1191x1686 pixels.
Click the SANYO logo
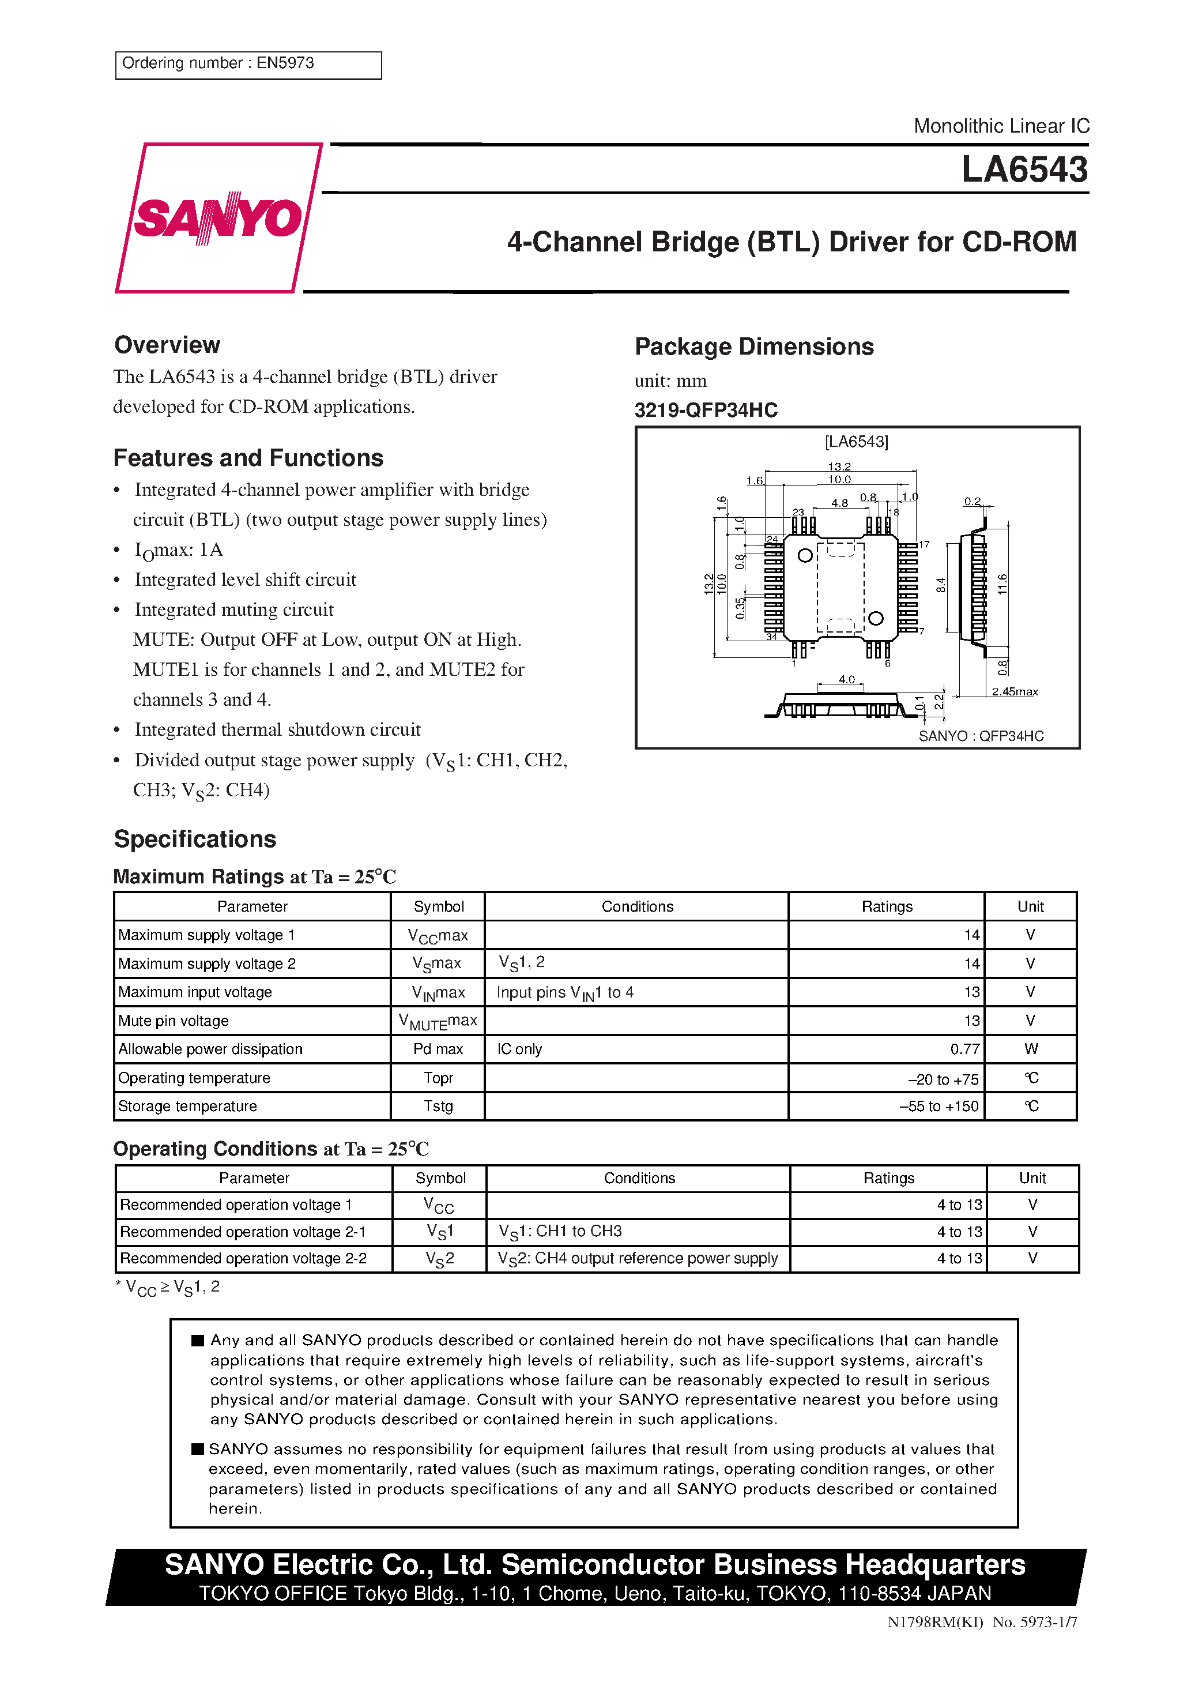218,218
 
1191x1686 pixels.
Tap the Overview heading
167,345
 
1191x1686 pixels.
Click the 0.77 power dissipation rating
964,1049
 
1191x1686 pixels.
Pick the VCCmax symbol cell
438,935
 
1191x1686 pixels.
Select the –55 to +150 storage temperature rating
939,1106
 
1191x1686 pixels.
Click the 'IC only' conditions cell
519,1049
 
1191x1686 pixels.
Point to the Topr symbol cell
438,1077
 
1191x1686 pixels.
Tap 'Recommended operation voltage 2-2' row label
243,1258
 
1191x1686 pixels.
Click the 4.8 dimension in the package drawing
839,503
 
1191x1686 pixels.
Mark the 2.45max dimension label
1014,692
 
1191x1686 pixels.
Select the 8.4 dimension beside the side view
941,585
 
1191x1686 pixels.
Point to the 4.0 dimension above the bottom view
847,679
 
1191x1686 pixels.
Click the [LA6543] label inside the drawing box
856,441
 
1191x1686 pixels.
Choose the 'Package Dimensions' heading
754,347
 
